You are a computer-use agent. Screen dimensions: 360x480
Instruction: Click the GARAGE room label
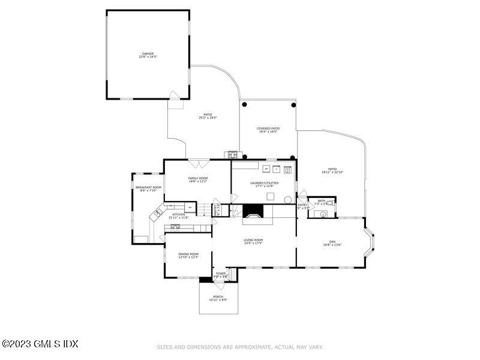(x=148, y=53)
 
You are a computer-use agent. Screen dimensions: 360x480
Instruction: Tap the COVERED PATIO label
(x=268, y=128)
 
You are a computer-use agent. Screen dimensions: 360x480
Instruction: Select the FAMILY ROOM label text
(x=198, y=178)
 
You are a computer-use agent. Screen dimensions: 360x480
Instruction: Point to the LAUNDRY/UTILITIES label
(x=265, y=182)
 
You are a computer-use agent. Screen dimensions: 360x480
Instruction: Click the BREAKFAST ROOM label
(x=148, y=188)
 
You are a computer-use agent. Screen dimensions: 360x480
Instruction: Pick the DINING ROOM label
(x=188, y=254)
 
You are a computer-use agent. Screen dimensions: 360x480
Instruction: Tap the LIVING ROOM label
(x=253, y=240)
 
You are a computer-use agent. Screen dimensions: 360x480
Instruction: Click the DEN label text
(x=332, y=242)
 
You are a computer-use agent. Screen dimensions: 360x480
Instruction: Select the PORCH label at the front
(x=218, y=296)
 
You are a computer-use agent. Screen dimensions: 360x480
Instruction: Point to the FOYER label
(x=221, y=274)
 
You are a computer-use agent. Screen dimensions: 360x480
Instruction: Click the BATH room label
(x=322, y=201)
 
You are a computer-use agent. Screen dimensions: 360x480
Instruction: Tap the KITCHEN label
(x=179, y=214)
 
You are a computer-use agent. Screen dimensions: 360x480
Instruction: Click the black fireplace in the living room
(x=253, y=211)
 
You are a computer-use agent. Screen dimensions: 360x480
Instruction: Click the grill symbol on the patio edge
(x=232, y=155)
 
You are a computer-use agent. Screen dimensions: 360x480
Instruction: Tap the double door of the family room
(x=198, y=164)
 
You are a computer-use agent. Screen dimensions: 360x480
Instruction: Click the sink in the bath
(x=324, y=213)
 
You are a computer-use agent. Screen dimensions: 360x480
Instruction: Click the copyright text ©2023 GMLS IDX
(x=40, y=344)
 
